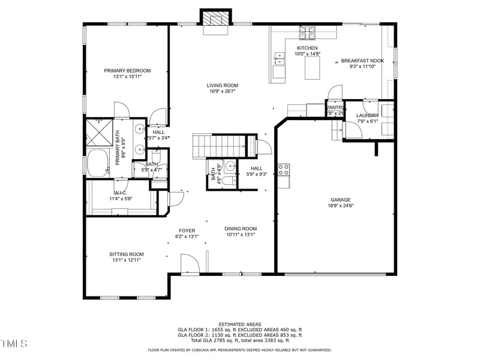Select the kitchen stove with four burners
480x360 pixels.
(308, 31)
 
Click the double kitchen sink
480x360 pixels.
(280, 58)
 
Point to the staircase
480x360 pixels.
(218, 145)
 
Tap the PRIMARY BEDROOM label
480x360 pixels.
(127, 71)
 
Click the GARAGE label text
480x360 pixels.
(340, 200)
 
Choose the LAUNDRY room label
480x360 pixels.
(367, 115)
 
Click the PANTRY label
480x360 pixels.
(335, 107)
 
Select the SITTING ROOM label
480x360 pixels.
(127, 254)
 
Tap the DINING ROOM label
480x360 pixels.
(241, 229)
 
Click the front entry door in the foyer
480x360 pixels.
(189, 265)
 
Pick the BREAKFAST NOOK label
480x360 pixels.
(362, 61)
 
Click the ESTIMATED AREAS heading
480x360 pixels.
(239, 324)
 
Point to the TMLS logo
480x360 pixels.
(14, 344)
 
